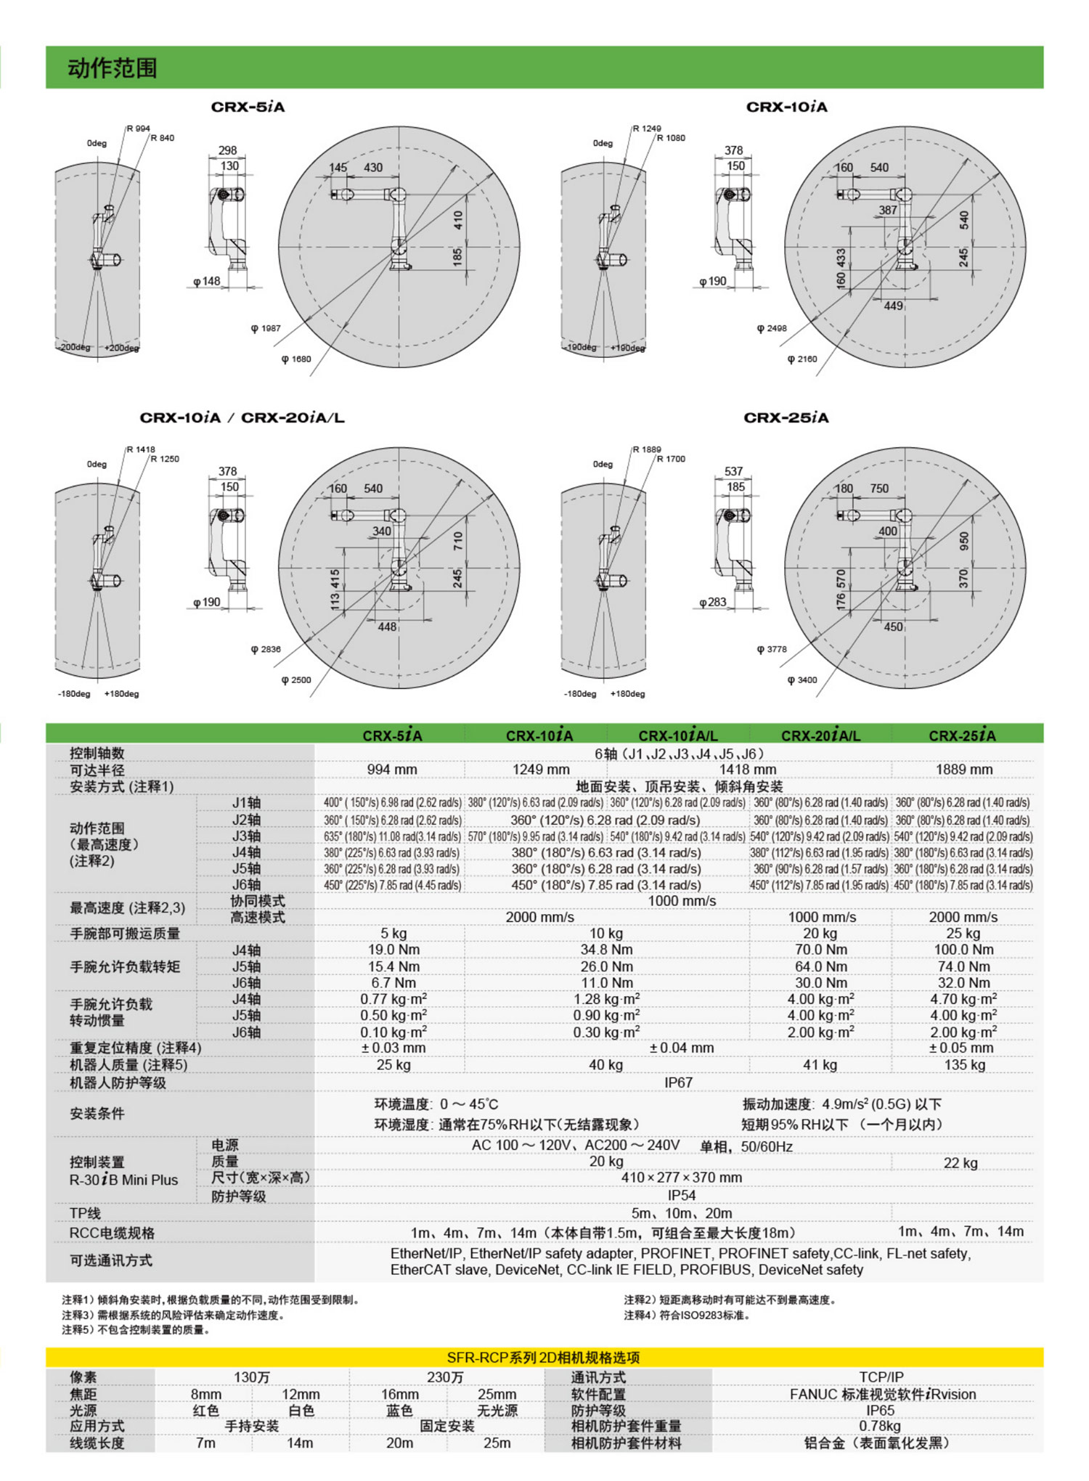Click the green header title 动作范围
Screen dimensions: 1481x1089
[113, 68]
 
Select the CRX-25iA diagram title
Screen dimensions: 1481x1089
[786, 418]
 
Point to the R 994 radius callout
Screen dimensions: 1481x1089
[139, 128]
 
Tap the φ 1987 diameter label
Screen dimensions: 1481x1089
[266, 328]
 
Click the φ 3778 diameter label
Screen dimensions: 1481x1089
[772, 649]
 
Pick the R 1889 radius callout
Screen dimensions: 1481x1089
[647, 449]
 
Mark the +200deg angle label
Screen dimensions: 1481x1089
[121, 348]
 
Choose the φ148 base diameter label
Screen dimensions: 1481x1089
[207, 282]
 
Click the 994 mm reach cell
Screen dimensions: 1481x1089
[392, 770]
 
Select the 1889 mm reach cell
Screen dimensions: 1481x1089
[963, 770]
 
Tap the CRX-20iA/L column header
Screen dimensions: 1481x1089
[820, 735]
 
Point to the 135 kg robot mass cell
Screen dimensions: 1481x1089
[964, 1065]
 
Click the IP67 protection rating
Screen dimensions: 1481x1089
[678, 1082]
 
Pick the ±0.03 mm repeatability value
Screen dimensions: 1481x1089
[393, 1048]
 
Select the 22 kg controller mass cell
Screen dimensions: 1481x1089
[960, 1163]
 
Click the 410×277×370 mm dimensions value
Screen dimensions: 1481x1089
[681, 1178]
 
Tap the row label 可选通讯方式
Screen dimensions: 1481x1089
[111, 1261]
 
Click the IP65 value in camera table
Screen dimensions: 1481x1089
[880, 1411]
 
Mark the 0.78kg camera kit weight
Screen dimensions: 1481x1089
[880, 1426]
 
